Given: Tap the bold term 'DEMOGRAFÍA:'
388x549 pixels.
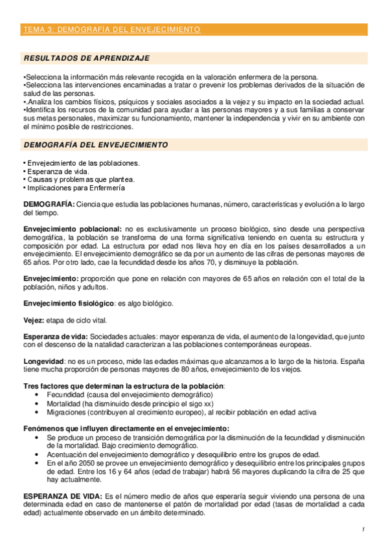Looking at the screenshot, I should pyautogui.click(x=49, y=205).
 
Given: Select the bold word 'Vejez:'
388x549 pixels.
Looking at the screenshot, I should pyautogui.click(x=34, y=320).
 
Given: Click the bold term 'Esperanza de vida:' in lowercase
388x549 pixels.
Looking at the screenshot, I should pyautogui.click(x=55, y=337).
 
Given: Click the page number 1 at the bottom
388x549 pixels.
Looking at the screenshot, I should pyautogui.click(x=364, y=530).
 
